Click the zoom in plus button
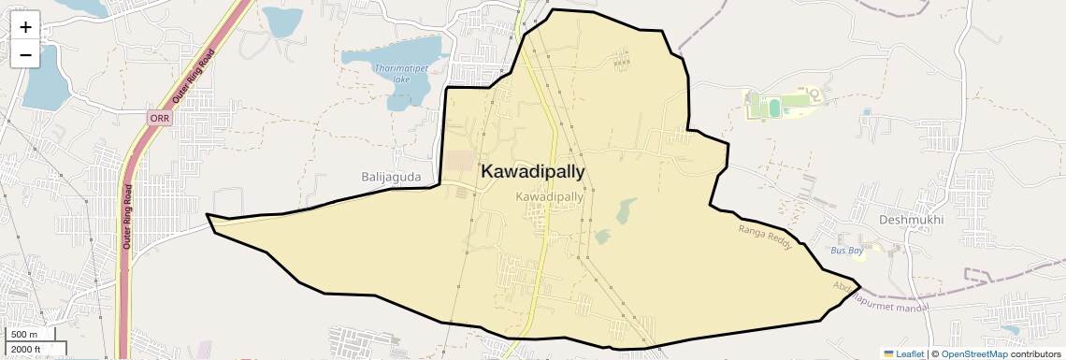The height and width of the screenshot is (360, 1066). (x=25, y=27)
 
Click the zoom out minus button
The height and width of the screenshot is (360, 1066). (x=25, y=55)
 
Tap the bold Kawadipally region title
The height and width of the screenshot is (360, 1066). (x=533, y=171)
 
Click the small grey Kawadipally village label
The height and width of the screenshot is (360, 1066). (x=550, y=197)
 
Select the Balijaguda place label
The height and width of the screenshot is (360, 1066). (x=392, y=176)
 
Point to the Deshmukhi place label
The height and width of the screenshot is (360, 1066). (x=912, y=220)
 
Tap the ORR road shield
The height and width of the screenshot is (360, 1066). (x=160, y=118)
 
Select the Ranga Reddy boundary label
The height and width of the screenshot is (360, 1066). (x=765, y=237)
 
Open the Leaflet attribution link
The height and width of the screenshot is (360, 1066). (x=904, y=353)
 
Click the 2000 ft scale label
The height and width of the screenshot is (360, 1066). (x=26, y=349)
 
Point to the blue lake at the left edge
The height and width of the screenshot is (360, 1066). (x=41, y=79)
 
